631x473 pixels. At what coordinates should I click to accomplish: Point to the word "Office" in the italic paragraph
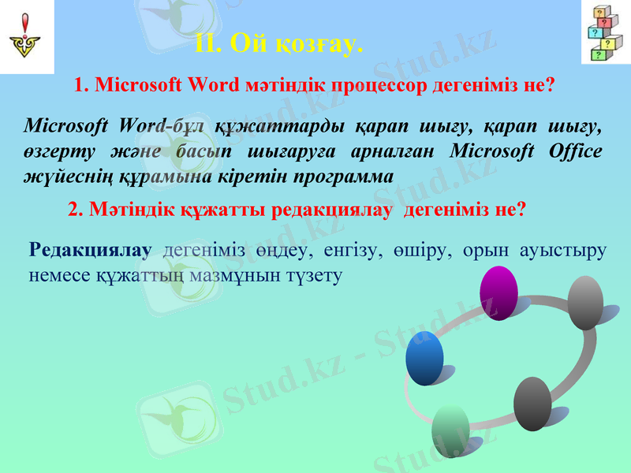pyautogui.click(x=575, y=151)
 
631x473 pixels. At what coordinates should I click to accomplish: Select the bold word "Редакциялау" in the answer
pyautogui.click(x=90, y=251)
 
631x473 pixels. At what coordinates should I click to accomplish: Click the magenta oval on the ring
pyautogui.click(x=498, y=292)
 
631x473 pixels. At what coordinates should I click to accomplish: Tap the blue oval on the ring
pyautogui.click(x=425, y=358)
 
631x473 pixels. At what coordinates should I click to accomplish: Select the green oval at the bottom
pyautogui.click(x=450, y=430)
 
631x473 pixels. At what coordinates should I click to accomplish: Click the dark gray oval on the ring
pyautogui.click(x=532, y=404)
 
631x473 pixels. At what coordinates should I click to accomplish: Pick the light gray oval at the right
pyautogui.click(x=585, y=302)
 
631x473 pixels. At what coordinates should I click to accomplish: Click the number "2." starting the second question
pyautogui.click(x=77, y=210)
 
